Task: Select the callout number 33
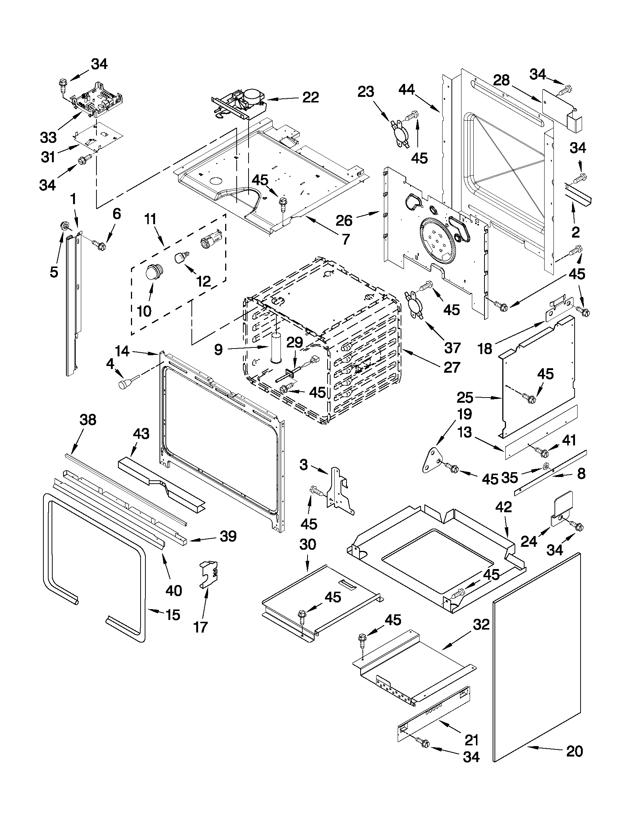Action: tap(48, 138)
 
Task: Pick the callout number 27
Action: tap(451, 367)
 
